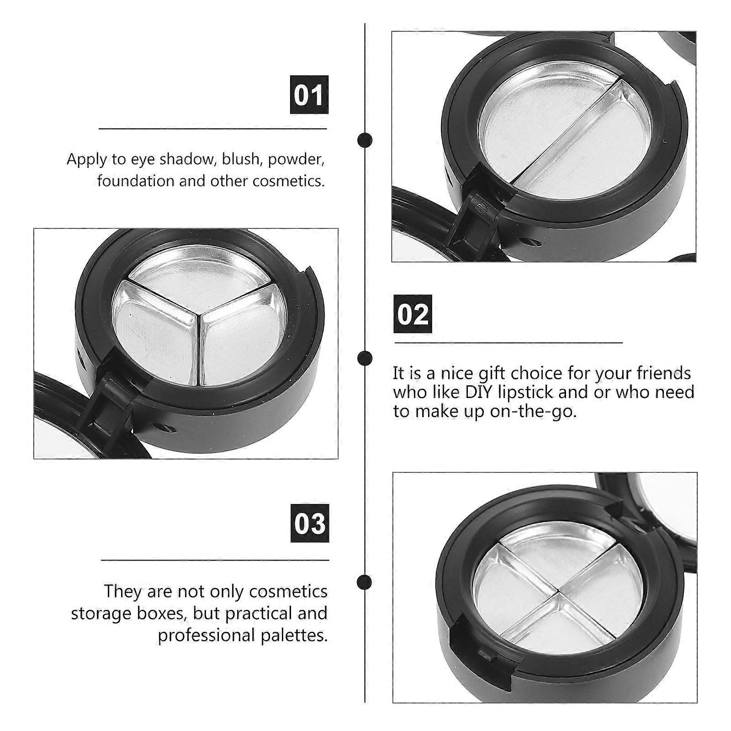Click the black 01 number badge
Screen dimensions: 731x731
(x=309, y=95)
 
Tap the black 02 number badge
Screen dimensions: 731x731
(x=413, y=314)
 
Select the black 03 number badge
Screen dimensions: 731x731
(x=310, y=523)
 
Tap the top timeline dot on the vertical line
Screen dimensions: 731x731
(x=364, y=140)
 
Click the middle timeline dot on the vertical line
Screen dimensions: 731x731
(x=364, y=357)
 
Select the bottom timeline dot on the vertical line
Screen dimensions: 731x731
(x=364, y=582)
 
